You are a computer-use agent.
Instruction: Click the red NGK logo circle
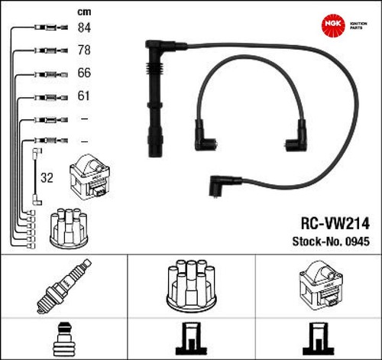(x=333, y=24)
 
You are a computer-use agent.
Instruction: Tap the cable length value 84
(x=84, y=28)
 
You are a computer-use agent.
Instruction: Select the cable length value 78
(x=84, y=50)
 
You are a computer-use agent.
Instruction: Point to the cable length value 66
(x=84, y=73)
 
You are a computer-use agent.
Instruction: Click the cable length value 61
(x=83, y=96)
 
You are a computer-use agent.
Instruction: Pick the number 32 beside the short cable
(x=47, y=177)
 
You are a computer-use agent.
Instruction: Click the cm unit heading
(x=84, y=12)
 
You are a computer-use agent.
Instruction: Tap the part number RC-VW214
(x=335, y=224)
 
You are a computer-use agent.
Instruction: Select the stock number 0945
(x=358, y=242)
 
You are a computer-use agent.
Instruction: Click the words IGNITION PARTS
(x=358, y=25)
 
